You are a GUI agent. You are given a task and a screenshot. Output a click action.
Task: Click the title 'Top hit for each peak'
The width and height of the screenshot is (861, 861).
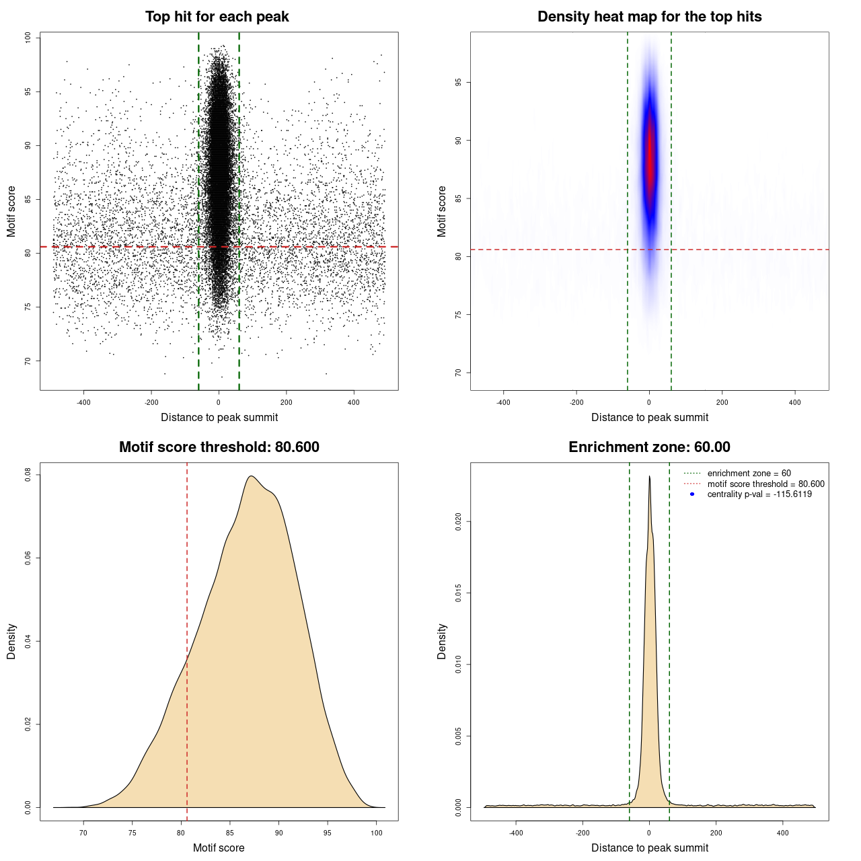pyautogui.click(x=217, y=17)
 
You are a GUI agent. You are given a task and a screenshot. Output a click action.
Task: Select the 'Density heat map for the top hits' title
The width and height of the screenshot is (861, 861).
pyautogui.click(x=649, y=17)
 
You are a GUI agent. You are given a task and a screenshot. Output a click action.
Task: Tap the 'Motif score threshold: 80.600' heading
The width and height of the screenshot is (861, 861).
pyautogui.click(x=219, y=447)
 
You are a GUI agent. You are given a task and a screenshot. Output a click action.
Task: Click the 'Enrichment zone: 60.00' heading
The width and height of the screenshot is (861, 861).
pyautogui.click(x=649, y=447)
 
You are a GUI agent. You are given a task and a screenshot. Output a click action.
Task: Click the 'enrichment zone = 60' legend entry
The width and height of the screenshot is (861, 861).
pyautogui.click(x=749, y=474)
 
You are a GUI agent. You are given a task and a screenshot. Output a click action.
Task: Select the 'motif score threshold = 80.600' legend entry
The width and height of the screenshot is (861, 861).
pyautogui.click(x=765, y=484)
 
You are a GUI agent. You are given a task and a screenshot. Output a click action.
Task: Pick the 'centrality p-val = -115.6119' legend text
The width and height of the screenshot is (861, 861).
pyautogui.click(x=759, y=494)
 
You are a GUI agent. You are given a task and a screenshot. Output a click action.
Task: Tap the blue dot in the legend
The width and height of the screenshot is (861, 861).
pyautogui.click(x=692, y=494)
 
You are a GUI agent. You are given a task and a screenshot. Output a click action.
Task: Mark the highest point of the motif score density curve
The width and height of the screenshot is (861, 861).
pyautogui.click(x=251, y=476)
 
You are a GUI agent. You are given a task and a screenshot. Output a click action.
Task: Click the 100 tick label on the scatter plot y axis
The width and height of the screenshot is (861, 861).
pyautogui.click(x=28, y=38)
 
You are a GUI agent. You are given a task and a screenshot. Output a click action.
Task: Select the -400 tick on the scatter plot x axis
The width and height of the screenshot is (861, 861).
pyautogui.click(x=83, y=402)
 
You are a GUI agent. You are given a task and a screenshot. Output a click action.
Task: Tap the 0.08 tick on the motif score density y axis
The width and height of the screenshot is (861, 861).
pyautogui.click(x=28, y=475)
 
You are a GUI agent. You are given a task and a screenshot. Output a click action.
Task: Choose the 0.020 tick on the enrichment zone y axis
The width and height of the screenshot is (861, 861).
pyautogui.click(x=459, y=521)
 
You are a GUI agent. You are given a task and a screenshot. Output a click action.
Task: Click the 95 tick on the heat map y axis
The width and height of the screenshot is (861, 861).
pyautogui.click(x=459, y=82)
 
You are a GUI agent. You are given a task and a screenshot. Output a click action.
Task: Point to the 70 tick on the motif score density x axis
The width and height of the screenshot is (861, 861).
pyautogui.click(x=83, y=833)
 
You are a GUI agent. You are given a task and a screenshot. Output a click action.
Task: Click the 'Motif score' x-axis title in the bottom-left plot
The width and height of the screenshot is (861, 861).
pyautogui.click(x=219, y=848)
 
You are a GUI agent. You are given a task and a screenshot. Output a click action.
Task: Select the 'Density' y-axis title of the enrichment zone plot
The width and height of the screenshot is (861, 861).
pyautogui.click(x=442, y=641)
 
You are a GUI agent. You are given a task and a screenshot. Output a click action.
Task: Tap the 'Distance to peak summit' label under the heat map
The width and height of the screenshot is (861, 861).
pyautogui.click(x=649, y=417)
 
